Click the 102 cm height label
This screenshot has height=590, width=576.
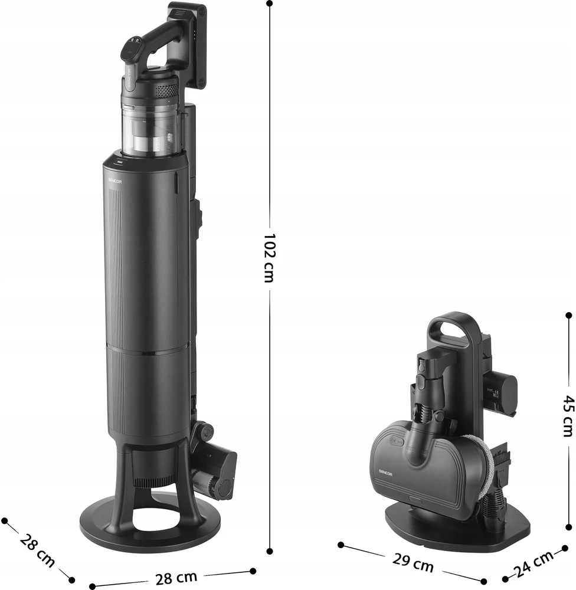click(270, 258)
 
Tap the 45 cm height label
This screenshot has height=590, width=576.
click(569, 416)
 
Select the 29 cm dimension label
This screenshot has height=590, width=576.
click(413, 562)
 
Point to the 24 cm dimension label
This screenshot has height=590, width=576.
click(534, 563)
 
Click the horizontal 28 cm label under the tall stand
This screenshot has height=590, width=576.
click(176, 578)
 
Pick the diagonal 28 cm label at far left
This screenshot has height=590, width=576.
click(37, 550)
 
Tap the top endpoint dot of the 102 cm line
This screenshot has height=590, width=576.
click(270, 4)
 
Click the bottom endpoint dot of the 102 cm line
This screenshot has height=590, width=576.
click(270, 551)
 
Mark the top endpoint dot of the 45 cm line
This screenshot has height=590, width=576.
click(569, 315)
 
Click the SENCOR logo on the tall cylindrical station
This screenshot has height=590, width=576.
click(115, 181)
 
